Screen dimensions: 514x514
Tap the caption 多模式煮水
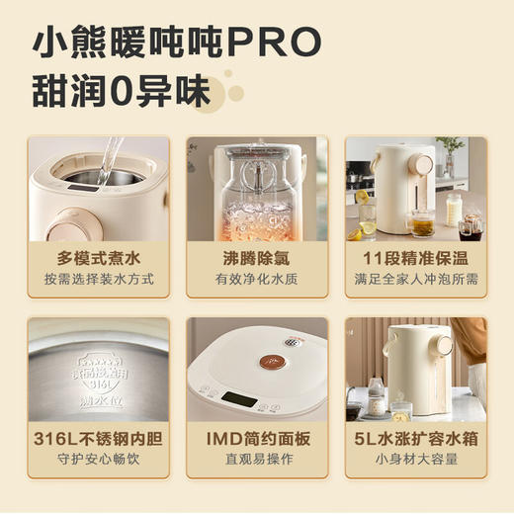99,258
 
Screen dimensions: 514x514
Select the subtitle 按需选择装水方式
99,279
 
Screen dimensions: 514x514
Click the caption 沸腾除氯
256,258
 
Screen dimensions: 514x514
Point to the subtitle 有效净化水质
256,279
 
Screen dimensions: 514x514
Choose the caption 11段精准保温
415,258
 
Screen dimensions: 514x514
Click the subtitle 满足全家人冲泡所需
415,279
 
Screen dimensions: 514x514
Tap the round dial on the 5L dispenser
444,347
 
